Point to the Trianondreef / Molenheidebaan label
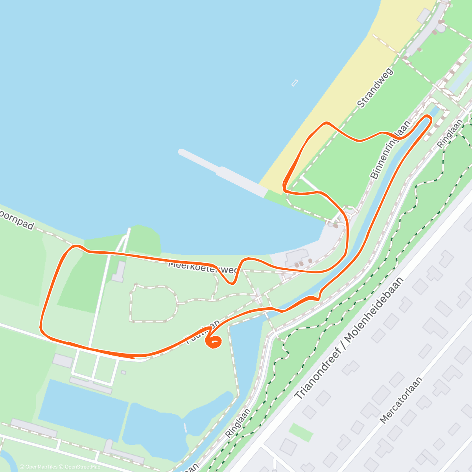click(349, 338)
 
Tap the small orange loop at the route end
click(214, 343)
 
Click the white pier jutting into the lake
click(222, 173)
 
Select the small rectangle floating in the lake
click(295, 83)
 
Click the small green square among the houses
click(301, 432)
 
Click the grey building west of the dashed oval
click(118, 271)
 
